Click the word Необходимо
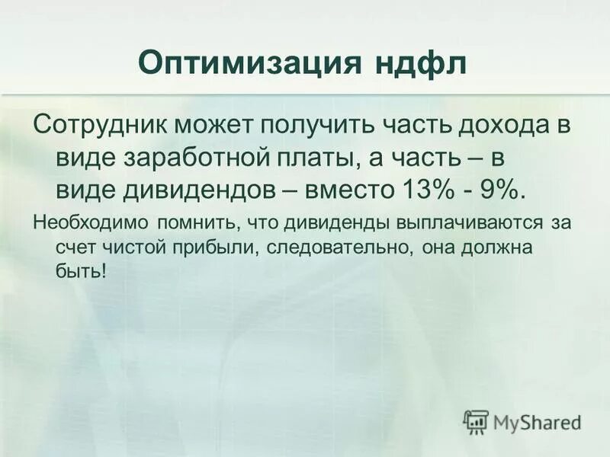coord(91,224)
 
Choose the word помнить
coord(191,224)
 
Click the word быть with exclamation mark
coord(81,272)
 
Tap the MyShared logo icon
coord(477,420)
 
